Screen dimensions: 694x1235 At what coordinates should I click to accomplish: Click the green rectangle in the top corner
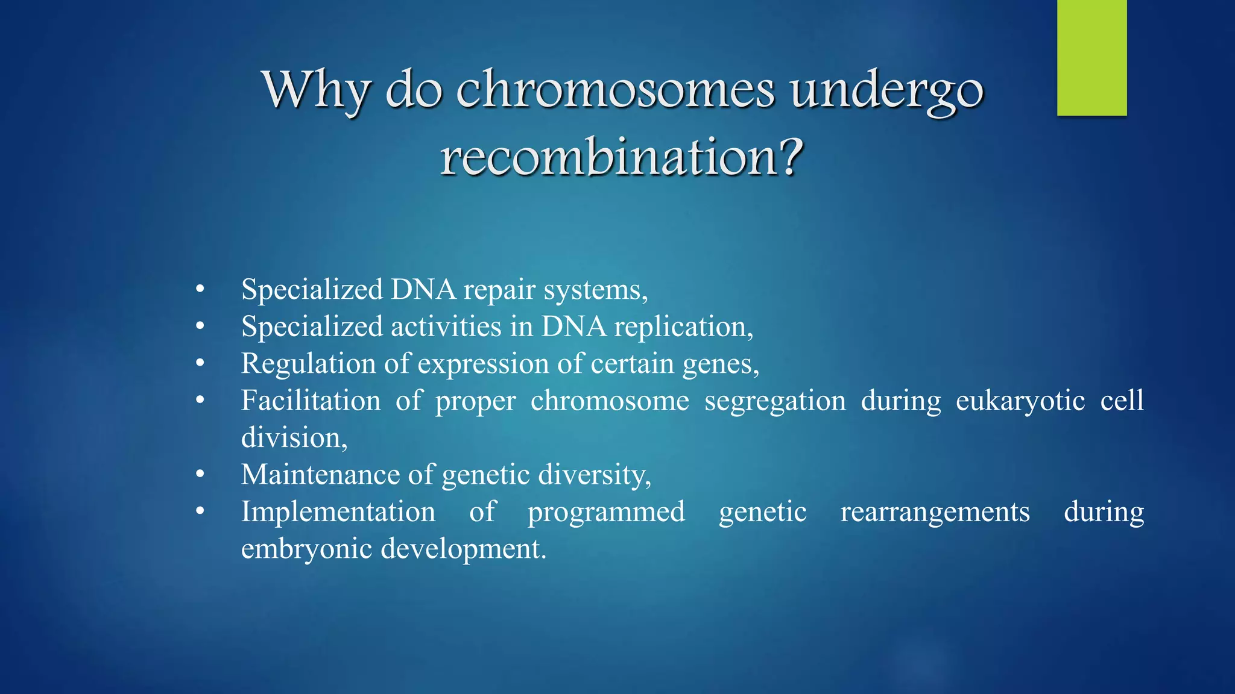click(x=1091, y=58)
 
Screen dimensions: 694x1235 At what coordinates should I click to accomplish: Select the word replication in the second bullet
click(x=681, y=327)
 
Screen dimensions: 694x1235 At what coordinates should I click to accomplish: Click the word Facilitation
click(x=311, y=401)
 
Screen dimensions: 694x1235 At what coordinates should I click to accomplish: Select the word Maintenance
click(x=320, y=475)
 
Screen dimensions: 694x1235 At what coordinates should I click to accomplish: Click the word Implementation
click(x=338, y=511)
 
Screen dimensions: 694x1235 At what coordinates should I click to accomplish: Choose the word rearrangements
click(x=935, y=513)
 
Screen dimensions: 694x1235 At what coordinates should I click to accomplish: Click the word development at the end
click(x=461, y=549)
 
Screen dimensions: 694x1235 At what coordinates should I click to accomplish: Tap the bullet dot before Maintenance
click(x=200, y=475)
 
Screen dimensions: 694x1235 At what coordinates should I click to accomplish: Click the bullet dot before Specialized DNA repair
click(x=200, y=290)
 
